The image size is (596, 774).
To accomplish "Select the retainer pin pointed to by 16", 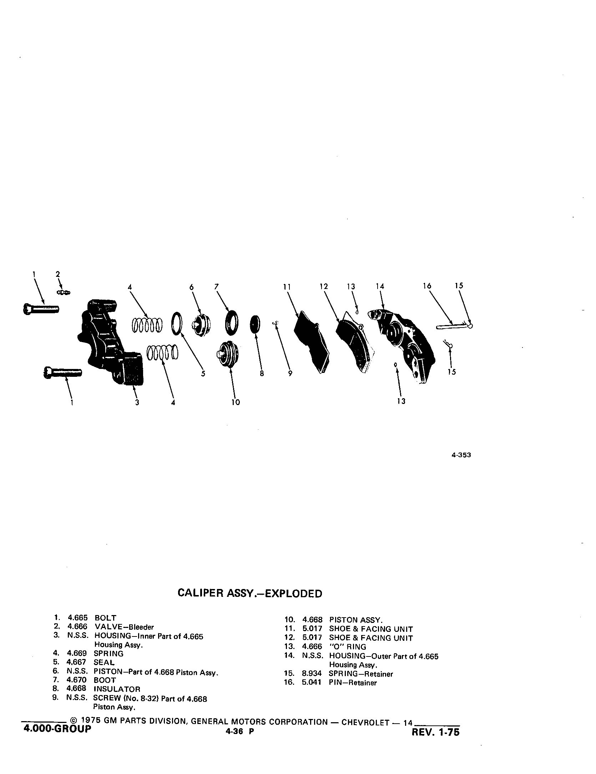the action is pos(454,326).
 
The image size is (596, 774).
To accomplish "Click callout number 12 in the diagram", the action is pos(324,286).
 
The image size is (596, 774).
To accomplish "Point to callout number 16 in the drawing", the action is pos(427,286).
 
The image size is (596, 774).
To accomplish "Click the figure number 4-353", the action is pos(461,455).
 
